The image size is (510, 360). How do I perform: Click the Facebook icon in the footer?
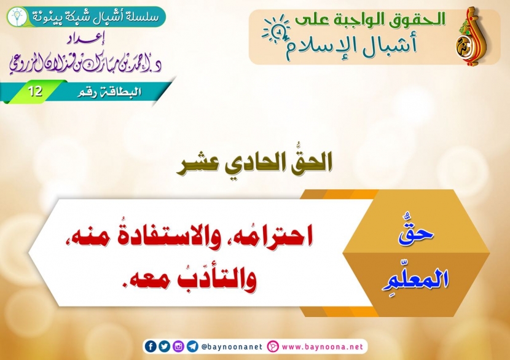[151, 346]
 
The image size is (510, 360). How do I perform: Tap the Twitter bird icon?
[164, 346]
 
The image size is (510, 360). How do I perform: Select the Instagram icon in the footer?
[178, 346]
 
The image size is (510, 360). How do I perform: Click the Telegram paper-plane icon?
[192, 346]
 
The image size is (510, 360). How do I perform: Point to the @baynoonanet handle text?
[232, 346]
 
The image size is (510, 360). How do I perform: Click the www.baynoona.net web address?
[323, 346]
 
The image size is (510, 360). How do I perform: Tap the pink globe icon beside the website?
[273, 346]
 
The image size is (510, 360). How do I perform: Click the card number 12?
[35, 92]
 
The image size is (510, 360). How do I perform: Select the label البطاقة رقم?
[109, 92]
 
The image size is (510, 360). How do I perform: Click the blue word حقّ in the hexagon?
[416, 231]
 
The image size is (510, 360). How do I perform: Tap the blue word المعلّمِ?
[415, 278]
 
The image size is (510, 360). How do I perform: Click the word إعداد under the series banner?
[85, 40]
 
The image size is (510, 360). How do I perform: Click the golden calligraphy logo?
[471, 36]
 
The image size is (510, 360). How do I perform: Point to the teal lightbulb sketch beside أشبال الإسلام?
[277, 29]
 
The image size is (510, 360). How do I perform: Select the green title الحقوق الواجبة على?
[370, 20]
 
